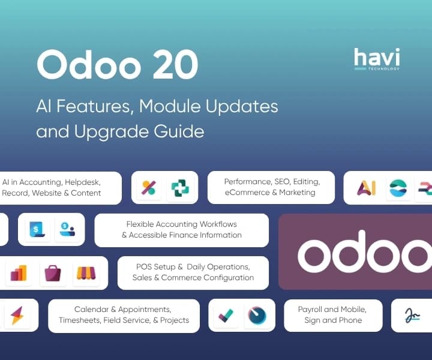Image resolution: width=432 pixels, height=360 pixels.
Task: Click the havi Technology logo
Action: (376, 59)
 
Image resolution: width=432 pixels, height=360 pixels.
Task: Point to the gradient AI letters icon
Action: (366, 188)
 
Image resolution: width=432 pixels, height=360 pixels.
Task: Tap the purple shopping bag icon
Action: (53, 273)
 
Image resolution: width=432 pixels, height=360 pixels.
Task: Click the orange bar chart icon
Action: (19, 273)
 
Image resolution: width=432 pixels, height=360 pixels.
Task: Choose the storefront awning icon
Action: (87, 273)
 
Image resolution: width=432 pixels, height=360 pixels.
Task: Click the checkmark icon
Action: (226, 316)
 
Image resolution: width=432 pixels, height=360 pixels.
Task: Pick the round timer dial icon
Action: (257, 316)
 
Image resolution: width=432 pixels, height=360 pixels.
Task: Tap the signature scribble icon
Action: (412, 316)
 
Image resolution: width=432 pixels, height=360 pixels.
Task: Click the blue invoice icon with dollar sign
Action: (36, 230)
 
